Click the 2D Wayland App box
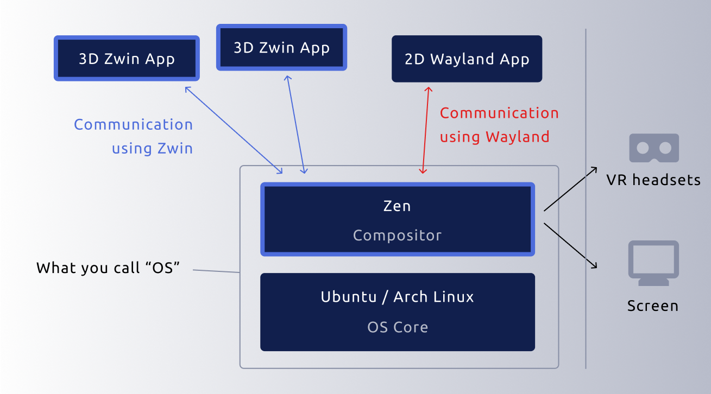click(x=467, y=59)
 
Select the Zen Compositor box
click(x=398, y=219)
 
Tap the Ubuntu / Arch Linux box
click(x=398, y=312)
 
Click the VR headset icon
click(x=654, y=148)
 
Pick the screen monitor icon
click(x=653, y=263)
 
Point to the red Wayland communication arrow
click(x=425, y=130)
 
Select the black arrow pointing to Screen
click(x=570, y=245)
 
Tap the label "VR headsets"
click(x=653, y=180)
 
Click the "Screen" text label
click(x=653, y=306)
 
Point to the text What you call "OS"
click(x=108, y=268)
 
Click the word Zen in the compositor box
click(x=397, y=206)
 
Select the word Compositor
click(x=397, y=236)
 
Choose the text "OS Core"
click(x=398, y=327)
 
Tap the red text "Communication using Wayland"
click(x=499, y=125)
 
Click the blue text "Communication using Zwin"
click(x=134, y=136)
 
